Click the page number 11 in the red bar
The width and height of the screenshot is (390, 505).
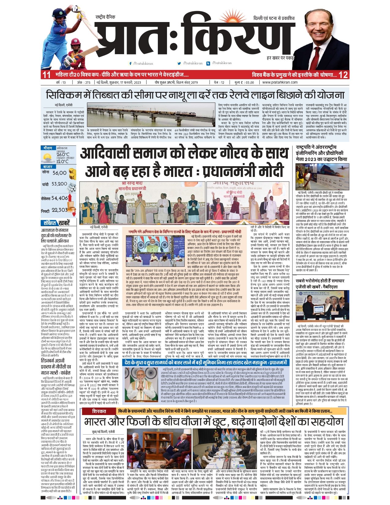(x=46, y=75)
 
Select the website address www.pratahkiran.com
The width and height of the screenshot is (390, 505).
(x=280, y=82)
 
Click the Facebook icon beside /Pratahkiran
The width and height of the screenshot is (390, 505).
(x=131, y=63)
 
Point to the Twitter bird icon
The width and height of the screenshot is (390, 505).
(x=179, y=63)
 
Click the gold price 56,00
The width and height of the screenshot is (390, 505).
(x=59, y=173)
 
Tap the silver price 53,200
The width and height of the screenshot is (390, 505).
(x=59, y=184)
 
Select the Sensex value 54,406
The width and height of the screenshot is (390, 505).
(x=59, y=198)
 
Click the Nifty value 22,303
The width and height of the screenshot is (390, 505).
(x=59, y=210)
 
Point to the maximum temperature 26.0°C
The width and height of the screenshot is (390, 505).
(x=63, y=155)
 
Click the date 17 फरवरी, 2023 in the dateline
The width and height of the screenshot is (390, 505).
(x=127, y=82)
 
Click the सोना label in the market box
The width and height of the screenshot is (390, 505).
(x=46, y=173)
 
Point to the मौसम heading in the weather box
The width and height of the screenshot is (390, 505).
(x=47, y=148)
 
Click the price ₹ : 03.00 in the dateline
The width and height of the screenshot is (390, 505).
(x=244, y=82)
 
